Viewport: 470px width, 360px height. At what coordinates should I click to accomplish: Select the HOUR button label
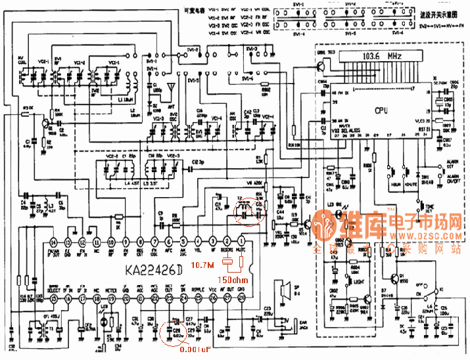point(398,186)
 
